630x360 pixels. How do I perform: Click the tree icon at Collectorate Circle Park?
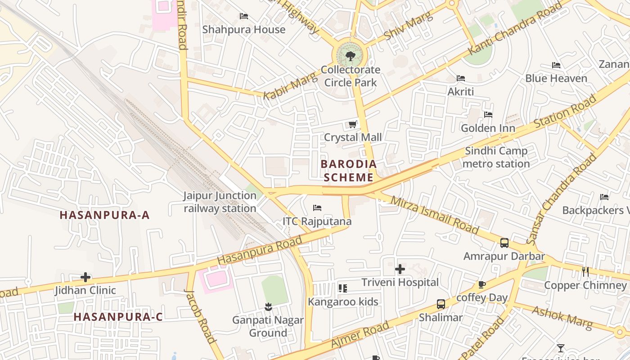click(350, 56)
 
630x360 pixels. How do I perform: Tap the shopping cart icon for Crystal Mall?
click(353, 124)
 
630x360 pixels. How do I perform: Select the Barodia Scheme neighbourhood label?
click(349, 171)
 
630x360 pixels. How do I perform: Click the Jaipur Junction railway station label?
click(220, 202)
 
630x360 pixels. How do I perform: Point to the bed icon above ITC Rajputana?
click(317, 208)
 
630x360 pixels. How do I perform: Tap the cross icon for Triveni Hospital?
click(400, 269)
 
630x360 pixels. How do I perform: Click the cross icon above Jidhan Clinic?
click(85, 277)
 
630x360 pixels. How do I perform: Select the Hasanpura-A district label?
click(104, 215)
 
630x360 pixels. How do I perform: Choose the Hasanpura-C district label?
click(118, 317)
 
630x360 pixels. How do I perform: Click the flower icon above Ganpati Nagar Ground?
click(268, 307)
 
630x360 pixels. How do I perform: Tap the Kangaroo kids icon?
click(343, 288)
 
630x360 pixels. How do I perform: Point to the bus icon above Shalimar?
click(441, 304)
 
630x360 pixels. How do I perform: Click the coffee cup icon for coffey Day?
click(482, 284)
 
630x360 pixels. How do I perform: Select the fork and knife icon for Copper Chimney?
click(585, 272)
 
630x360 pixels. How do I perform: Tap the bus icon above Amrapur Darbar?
click(504, 243)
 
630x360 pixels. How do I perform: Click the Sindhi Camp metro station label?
click(496, 157)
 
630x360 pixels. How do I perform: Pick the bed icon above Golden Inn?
click(488, 115)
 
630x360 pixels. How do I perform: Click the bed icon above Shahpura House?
click(244, 16)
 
